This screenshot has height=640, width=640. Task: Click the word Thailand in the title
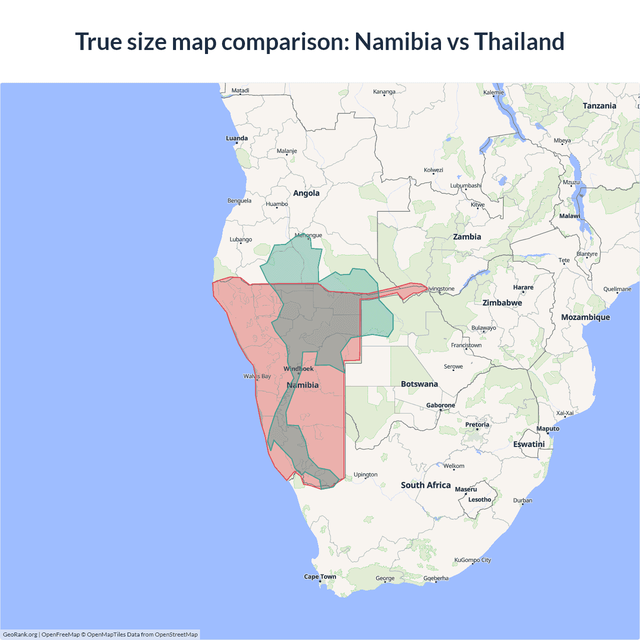click(x=519, y=41)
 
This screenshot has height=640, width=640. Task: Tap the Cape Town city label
click(x=320, y=576)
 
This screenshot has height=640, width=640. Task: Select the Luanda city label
click(x=236, y=138)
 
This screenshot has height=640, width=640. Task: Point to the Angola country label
click(x=306, y=193)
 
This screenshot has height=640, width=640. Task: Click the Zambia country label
click(x=467, y=237)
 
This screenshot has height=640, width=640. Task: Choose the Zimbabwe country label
click(x=502, y=303)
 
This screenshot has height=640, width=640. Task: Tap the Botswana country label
click(x=419, y=384)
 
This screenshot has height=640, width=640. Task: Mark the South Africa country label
click(x=425, y=485)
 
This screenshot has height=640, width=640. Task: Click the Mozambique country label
click(x=585, y=317)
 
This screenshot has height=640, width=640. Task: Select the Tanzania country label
click(x=599, y=106)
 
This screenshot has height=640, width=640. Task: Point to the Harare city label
click(x=523, y=287)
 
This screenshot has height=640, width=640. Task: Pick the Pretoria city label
click(x=477, y=424)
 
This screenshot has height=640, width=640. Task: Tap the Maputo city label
click(x=547, y=428)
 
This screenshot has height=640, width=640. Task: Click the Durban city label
click(x=522, y=500)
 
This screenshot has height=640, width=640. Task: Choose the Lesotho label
click(x=479, y=499)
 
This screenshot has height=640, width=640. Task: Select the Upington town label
click(x=365, y=474)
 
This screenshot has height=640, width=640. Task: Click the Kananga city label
click(x=384, y=91)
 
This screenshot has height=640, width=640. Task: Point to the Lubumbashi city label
click(x=465, y=185)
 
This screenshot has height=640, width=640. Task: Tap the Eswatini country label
click(x=528, y=444)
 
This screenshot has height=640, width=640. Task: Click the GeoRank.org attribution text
click(x=20, y=634)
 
